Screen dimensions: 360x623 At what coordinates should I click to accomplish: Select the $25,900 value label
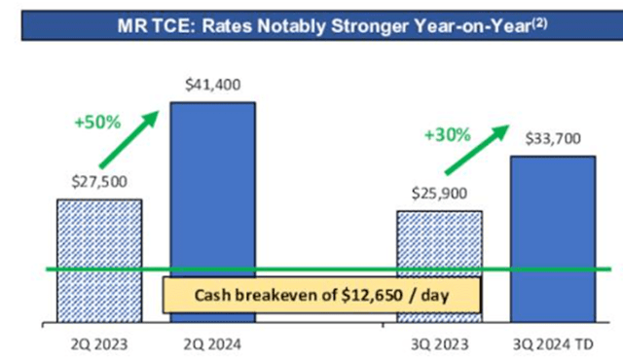pos(439,194)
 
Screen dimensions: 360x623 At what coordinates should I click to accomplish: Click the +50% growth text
pos(96,124)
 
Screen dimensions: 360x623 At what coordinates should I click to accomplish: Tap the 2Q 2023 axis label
pos(97,342)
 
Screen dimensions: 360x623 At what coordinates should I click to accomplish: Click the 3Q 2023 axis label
pos(438,342)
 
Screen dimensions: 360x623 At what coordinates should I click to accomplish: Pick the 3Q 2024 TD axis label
pos(551,342)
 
